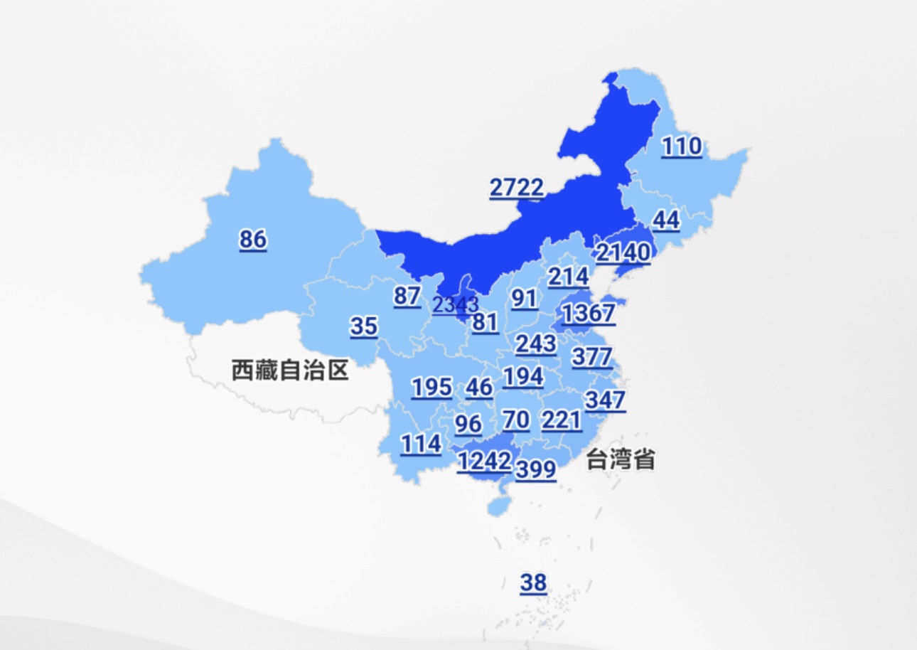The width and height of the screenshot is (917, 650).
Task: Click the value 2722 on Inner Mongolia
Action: [517, 188]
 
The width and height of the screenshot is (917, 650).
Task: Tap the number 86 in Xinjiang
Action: [253, 239]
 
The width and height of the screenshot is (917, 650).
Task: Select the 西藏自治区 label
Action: [290, 370]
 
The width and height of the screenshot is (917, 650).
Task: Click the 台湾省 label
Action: [620, 459]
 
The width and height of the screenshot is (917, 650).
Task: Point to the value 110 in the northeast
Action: [682, 146]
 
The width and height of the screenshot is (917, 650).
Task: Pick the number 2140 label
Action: [623, 252]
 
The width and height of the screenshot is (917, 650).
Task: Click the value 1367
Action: [588, 313]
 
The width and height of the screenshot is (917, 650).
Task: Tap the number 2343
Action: [456, 306]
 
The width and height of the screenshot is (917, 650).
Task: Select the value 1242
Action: [484, 462]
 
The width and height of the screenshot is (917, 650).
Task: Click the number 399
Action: [536, 469]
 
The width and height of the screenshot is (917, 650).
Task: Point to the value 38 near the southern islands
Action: [533, 582]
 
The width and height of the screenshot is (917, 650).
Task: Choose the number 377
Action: [591, 356]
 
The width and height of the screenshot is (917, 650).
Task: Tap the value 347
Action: [605, 400]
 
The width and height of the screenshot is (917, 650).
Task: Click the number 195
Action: [431, 388]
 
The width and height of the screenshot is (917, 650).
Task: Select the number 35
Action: [364, 326]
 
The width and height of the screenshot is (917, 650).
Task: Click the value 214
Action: [568, 277]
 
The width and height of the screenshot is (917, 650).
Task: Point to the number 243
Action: [536, 343]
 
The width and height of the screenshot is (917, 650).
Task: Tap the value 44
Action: [666, 220]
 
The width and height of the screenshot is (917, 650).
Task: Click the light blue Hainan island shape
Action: [497, 506]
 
